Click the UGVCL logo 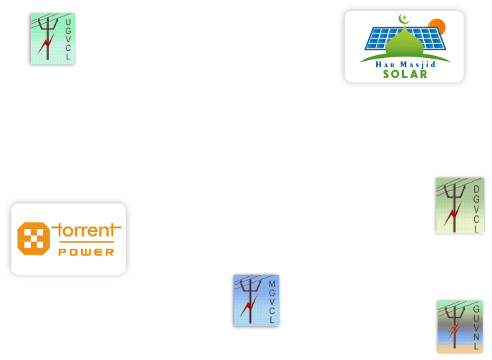click(x=53, y=39)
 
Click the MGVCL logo click(x=256, y=301)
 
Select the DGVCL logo click(x=460, y=205)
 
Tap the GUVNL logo click(x=460, y=326)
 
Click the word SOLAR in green click(x=405, y=74)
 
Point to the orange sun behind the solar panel click(x=437, y=28)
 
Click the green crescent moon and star click(x=403, y=19)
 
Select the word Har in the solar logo click(x=385, y=64)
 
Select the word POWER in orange click(x=86, y=252)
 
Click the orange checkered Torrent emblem click(x=34, y=238)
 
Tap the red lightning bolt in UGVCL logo click(x=46, y=48)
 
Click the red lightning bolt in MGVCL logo click(x=247, y=308)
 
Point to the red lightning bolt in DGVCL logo click(x=451, y=215)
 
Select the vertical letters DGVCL click(x=476, y=209)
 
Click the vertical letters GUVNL click(x=476, y=327)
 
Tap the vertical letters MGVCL click(x=272, y=302)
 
